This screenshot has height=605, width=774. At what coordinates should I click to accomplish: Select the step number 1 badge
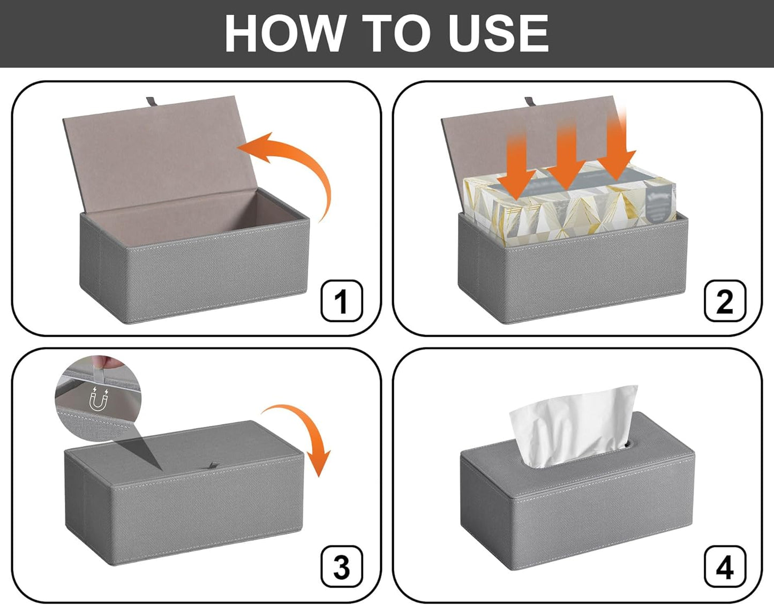[x=342, y=301]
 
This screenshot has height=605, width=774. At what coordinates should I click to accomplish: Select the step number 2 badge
[x=725, y=301]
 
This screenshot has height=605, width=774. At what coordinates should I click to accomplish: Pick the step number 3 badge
[x=342, y=567]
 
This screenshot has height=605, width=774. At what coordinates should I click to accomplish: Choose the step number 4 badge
[x=725, y=567]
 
